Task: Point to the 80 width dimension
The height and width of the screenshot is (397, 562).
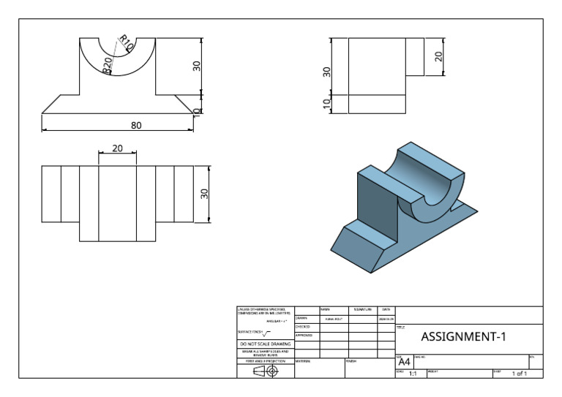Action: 136,125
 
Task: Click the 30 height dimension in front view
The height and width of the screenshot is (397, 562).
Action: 196,66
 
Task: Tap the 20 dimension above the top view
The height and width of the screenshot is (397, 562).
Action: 118,148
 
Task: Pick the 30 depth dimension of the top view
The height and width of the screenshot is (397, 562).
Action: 205,194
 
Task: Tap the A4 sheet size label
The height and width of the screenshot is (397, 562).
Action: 404,360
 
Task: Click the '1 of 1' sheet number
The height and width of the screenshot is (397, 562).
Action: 519,374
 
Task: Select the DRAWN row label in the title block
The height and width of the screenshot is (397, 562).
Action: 301,318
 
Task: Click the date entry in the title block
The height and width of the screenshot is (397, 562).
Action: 386,318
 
